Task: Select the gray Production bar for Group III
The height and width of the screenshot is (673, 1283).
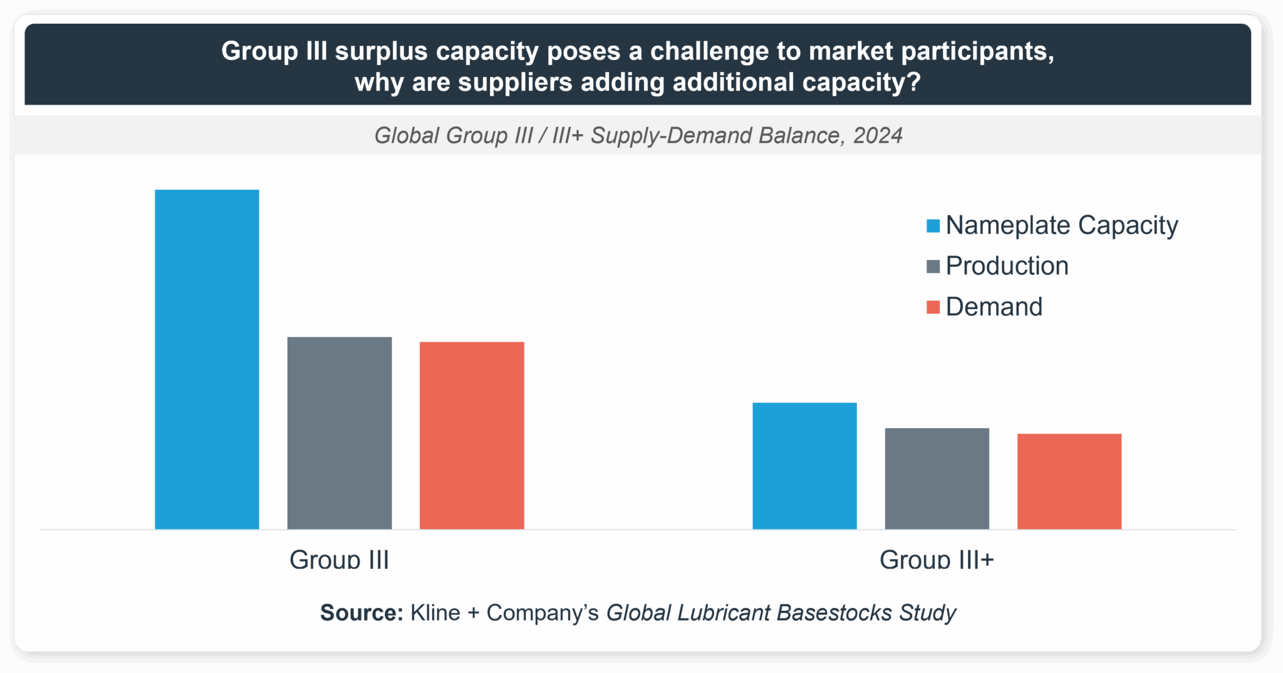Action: pos(340,433)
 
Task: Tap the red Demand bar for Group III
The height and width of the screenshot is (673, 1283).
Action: pos(472,436)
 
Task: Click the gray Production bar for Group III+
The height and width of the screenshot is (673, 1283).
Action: pos(937,479)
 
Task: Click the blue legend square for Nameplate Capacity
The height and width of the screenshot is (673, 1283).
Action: pos(933,226)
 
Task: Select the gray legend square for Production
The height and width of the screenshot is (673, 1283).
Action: pos(933,267)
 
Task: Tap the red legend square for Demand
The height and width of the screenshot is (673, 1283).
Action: pos(933,308)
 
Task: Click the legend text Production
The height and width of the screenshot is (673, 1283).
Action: pos(1007,266)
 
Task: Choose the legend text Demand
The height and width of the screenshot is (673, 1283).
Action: pos(994,307)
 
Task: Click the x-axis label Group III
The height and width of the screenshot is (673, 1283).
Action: pos(339,559)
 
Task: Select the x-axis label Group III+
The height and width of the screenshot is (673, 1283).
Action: pos(937,559)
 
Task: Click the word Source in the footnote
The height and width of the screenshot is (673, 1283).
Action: pos(361,613)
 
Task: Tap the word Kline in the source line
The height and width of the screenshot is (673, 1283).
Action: pos(435,613)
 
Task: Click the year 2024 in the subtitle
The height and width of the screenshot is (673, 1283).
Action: pos(878,135)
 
